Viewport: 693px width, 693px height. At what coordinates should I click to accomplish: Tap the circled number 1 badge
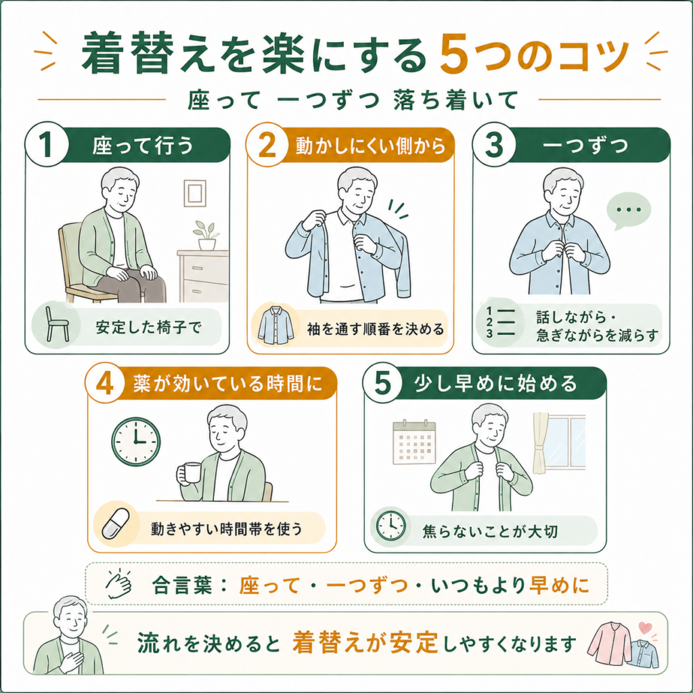pyautogui.click(x=47, y=144)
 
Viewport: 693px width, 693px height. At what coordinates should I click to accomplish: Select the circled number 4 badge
pyautogui.click(x=105, y=383)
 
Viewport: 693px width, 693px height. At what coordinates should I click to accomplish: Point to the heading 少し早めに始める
pyautogui.click(x=496, y=383)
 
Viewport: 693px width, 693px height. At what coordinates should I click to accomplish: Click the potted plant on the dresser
pyautogui.click(x=206, y=236)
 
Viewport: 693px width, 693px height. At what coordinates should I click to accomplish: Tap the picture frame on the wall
pyautogui.click(x=195, y=193)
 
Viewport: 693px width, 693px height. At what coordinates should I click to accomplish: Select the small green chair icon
pyautogui.click(x=58, y=324)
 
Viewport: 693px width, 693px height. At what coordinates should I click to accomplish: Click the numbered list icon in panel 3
pyautogui.click(x=501, y=321)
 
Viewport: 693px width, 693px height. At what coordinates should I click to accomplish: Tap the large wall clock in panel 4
pyautogui.click(x=135, y=441)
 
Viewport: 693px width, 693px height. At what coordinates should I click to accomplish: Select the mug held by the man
pyautogui.click(x=189, y=473)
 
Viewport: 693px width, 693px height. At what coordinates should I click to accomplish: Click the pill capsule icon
pyautogui.click(x=116, y=524)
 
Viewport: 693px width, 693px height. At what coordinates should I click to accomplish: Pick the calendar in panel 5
pyautogui.click(x=414, y=442)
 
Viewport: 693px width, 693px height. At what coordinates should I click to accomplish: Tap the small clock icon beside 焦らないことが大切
pyautogui.click(x=390, y=526)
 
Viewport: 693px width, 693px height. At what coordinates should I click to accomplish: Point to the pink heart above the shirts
pyautogui.click(x=645, y=627)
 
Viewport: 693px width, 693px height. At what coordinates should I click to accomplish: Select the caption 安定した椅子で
pyautogui.click(x=148, y=328)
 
